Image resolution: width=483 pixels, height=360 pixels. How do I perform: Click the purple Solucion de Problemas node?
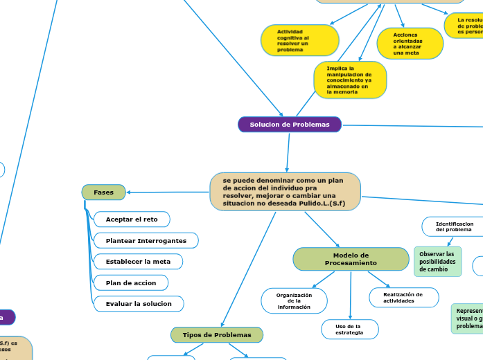(x=290, y=125)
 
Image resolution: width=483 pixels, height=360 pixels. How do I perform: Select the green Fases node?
(x=103, y=192)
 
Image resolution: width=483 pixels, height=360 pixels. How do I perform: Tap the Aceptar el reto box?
(x=132, y=219)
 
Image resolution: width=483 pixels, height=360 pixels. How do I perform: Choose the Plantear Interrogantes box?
(x=146, y=240)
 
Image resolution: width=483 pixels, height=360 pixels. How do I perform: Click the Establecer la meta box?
(x=138, y=262)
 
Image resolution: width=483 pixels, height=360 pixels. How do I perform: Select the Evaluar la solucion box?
(x=139, y=304)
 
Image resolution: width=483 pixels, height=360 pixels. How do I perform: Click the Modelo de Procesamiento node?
(x=351, y=259)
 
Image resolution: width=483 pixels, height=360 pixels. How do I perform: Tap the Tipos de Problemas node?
(x=217, y=335)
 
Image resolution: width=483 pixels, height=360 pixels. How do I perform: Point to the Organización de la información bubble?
(x=294, y=301)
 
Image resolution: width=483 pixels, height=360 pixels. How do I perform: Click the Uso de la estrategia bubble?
(x=349, y=330)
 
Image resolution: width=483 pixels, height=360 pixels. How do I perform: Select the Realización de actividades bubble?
(x=403, y=298)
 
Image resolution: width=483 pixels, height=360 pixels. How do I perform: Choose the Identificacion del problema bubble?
(x=454, y=226)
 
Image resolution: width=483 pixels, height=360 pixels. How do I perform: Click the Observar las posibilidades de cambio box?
(x=437, y=262)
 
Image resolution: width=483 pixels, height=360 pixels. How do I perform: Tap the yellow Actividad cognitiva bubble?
(x=299, y=41)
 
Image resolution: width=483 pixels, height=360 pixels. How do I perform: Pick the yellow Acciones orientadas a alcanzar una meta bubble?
(x=410, y=44)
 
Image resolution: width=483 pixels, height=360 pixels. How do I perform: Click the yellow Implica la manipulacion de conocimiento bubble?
(x=349, y=80)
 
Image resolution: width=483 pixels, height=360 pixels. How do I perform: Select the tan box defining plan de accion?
(x=285, y=192)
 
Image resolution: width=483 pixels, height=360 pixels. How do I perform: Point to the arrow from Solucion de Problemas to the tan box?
(x=287, y=152)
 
